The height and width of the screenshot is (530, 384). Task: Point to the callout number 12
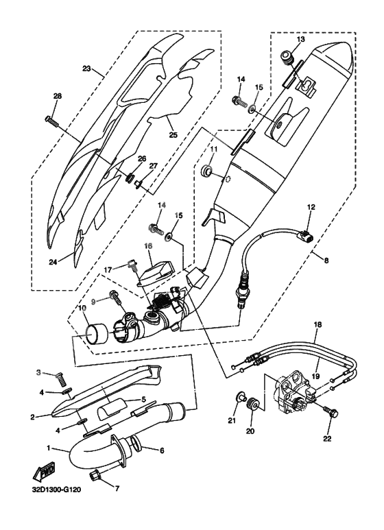tap(310, 206)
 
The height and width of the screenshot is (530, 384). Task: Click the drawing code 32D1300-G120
tap(57, 491)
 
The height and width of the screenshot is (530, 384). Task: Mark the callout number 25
tap(173, 135)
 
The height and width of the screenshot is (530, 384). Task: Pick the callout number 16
tap(147, 245)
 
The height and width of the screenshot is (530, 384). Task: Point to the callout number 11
tap(213, 149)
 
